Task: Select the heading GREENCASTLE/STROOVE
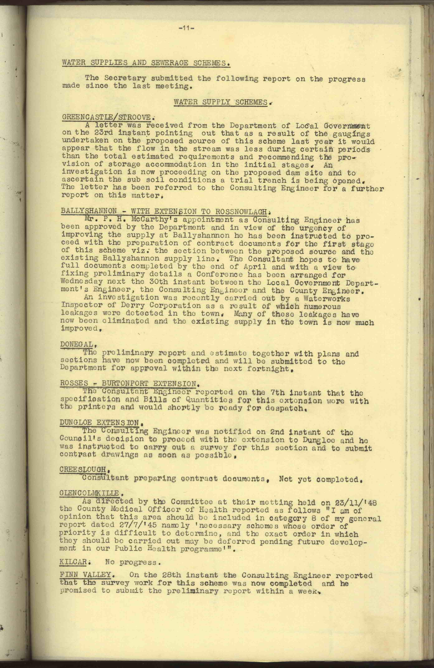pos(108,117)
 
